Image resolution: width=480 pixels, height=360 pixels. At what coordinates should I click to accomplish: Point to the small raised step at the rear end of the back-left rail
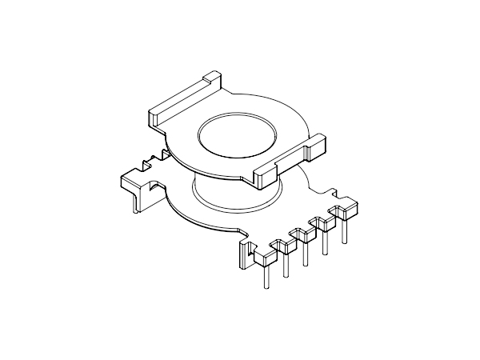[x=210, y=78]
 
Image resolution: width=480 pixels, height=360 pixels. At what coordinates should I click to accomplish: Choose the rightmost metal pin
[x=345, y=233]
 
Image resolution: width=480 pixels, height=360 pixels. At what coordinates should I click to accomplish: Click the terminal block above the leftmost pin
[x=263, y=258]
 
